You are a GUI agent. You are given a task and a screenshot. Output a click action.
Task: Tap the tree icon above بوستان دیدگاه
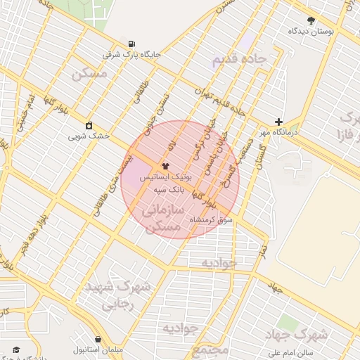point(311,20)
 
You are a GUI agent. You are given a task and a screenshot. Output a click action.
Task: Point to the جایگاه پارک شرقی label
point(132,54)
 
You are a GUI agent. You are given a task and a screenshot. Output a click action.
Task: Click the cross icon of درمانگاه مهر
point(279,122)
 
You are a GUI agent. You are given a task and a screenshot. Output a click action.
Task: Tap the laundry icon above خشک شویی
point(89,126)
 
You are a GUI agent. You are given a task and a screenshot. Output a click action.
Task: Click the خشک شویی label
point(89,136)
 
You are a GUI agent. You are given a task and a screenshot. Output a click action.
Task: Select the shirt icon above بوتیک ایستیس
point(165,167)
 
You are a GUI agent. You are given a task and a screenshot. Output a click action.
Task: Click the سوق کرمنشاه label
point(211,220)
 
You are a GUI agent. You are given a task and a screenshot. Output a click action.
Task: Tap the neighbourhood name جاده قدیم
point(239,60)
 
